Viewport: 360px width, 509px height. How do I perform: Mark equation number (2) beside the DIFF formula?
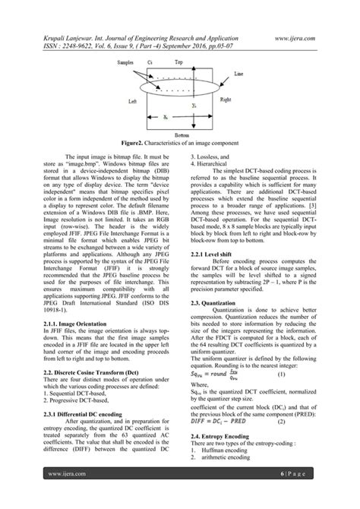280,419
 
